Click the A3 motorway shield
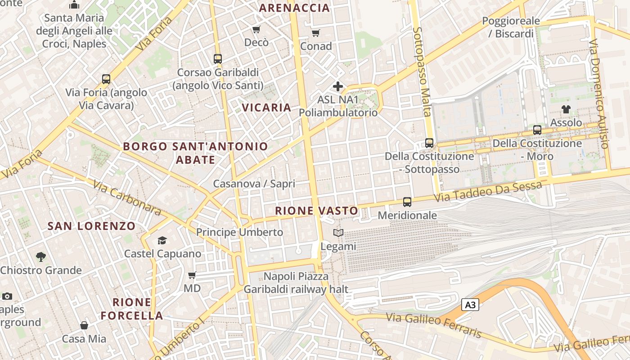coord(470,305)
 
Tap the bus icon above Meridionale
coord(407,202)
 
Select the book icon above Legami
coord(338,233)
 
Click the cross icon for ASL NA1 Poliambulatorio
coord(338,86)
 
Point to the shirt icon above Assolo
coord(566,109)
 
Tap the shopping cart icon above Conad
coord(316,33)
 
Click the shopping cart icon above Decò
coord(256,30)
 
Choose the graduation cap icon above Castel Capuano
coord(162,241)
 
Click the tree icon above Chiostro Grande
coord(41,257)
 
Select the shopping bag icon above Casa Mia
coord(84,325)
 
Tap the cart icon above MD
coord(192,275)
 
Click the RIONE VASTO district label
coord(316,211)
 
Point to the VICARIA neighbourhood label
coord(267,108)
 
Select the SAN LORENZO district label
coord(91,226)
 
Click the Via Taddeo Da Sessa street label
coord(488,191)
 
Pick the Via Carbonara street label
coord(128,198)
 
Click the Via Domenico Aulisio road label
coord(599,94)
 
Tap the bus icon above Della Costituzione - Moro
coord(537,130)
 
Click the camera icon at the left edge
coord(7,296)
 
